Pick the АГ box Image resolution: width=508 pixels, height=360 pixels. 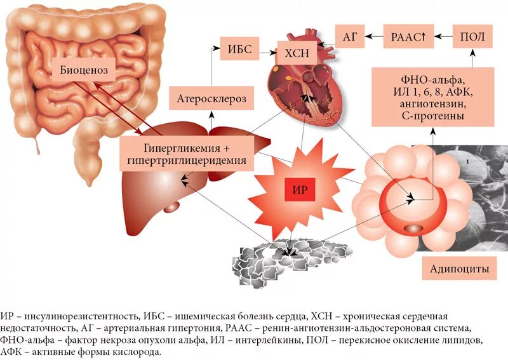349,37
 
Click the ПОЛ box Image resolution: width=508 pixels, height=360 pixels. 472,37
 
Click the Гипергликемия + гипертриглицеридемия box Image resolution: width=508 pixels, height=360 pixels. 187,154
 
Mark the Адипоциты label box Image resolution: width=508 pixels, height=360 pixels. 459,269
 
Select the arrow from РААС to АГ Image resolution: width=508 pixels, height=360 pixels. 375,37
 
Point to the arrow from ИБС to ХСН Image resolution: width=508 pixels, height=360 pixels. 267,49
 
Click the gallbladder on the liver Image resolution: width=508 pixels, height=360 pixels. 172,206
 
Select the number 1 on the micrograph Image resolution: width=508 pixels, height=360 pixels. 467,163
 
